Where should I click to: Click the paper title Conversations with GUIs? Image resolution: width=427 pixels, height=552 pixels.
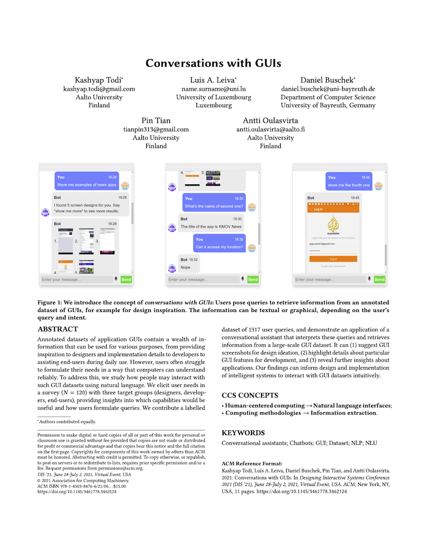click(213, 62)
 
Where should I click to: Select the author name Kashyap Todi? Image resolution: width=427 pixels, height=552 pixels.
click(99, 80)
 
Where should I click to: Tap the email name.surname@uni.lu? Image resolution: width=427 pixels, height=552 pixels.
click(213, 89)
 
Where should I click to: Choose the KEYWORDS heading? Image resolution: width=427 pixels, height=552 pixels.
click(243, 433)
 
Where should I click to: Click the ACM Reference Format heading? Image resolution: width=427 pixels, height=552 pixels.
click(252, 464)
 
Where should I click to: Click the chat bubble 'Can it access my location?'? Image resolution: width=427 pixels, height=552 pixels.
click(219, 243)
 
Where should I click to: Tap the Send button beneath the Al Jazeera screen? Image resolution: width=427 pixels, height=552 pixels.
click(379, 279)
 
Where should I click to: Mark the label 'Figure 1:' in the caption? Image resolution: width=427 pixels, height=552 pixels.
click(54, 302)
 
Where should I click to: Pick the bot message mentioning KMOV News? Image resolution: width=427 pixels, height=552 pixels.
click(211, 222)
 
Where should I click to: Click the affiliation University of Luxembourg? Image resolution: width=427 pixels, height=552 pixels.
click(213, 98)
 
